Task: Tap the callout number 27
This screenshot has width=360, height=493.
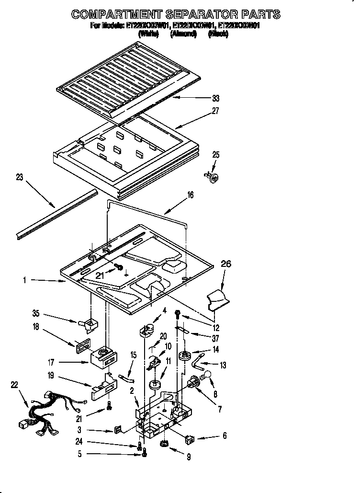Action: tap(216, 111)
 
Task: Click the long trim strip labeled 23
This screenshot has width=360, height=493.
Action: tap(55, 214)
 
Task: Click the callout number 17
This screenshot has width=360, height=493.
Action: tap(50, 362)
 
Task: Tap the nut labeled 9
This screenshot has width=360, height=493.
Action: tap(165, 445)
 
